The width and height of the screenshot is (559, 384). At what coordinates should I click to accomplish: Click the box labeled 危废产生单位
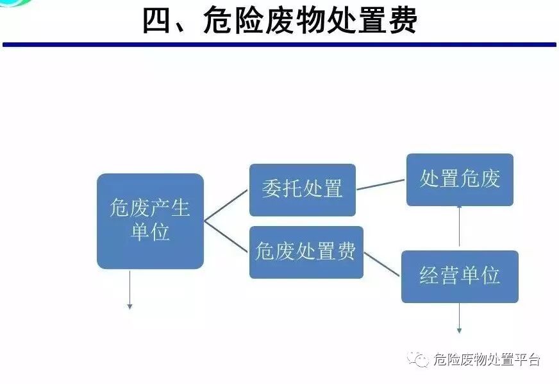pyautogui.click(x=150, y=220)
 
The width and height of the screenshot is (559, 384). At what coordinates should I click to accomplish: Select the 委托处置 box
pyautogui.click(x=302, y=189)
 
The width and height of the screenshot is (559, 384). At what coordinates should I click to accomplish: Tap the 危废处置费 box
pyautogui.click(x=306, y=252)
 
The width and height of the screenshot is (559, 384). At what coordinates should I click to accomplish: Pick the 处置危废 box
pyautogui.click(x=460, y=180)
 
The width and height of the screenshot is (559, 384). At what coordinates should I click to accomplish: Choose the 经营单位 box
pyautogui.click(x=460, y=276)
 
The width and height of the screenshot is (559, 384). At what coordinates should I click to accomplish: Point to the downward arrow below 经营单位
pyautogui.click(x=459, y=319)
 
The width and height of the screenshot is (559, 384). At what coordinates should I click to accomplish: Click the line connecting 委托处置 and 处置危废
pyautogui.click(x=381, y=184)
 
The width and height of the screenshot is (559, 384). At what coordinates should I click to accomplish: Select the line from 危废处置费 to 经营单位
pyautogui.click(x=383, y=264)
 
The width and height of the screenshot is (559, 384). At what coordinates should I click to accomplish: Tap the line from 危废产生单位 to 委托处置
pyautogui.click(x=226, y=205)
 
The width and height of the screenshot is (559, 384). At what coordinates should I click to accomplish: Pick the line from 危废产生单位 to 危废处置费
pyautogui.click(x=226, y=236)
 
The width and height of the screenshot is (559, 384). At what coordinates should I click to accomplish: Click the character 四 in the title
pyautogui.click(x=158, y=21)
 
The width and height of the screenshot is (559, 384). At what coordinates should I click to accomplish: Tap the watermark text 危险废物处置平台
pyautogui.click(x=487, y=360)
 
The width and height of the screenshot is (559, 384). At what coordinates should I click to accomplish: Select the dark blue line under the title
pyautogui.click(x=279, y=44)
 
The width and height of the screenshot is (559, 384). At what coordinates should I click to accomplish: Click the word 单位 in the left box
pyautogui.click(x=150, y=232)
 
